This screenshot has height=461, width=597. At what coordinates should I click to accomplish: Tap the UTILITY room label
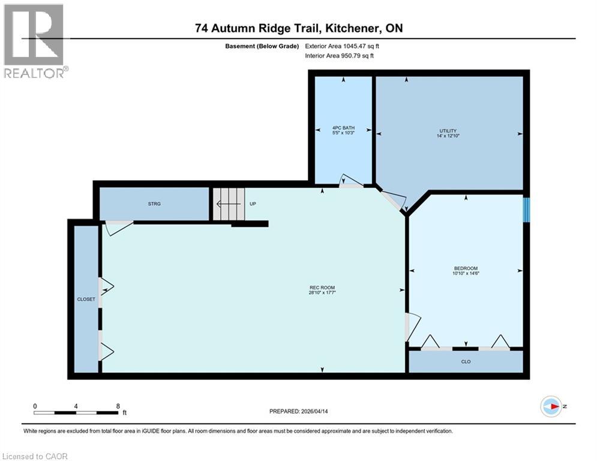(448, 131)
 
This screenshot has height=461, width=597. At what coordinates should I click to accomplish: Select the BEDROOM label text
(466, 268)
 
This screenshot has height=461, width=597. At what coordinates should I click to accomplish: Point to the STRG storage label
(154, 204)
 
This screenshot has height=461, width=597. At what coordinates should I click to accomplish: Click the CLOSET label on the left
(86, 299)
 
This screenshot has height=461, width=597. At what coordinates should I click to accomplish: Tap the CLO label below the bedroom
(466, 362)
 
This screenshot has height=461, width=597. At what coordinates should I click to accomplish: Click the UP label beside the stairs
(253, 204)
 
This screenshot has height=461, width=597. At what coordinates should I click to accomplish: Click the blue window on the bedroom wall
(526, 210)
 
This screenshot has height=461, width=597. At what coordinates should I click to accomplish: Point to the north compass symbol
(551, 406)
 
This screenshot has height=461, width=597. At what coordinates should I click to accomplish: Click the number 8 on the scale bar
(117, 406)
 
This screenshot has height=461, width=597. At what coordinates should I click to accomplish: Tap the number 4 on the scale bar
(76, 406)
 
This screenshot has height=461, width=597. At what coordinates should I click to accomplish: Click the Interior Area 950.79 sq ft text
(339, 56)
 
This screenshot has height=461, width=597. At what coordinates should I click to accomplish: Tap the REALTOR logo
(35, 41)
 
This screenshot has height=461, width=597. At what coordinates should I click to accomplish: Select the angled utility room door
(391, 200)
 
